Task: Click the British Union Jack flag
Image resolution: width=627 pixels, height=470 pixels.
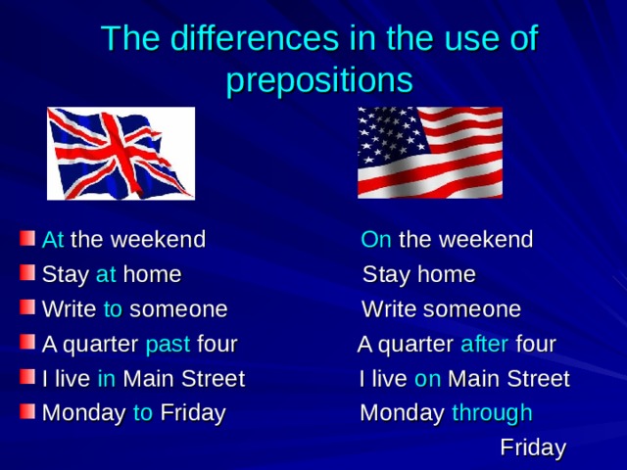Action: coord(121,152)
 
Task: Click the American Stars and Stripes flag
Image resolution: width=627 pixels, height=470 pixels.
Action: coord(430,152)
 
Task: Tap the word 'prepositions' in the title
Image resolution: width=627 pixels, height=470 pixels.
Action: coord(319,78)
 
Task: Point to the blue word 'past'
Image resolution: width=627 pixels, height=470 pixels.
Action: coord(168,345)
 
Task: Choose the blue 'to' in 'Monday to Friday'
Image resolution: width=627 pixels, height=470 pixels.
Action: coord(143,413)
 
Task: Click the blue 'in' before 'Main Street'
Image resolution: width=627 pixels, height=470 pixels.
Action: coord(108,379)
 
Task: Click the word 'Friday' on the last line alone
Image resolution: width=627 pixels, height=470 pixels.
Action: coord(532,448)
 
